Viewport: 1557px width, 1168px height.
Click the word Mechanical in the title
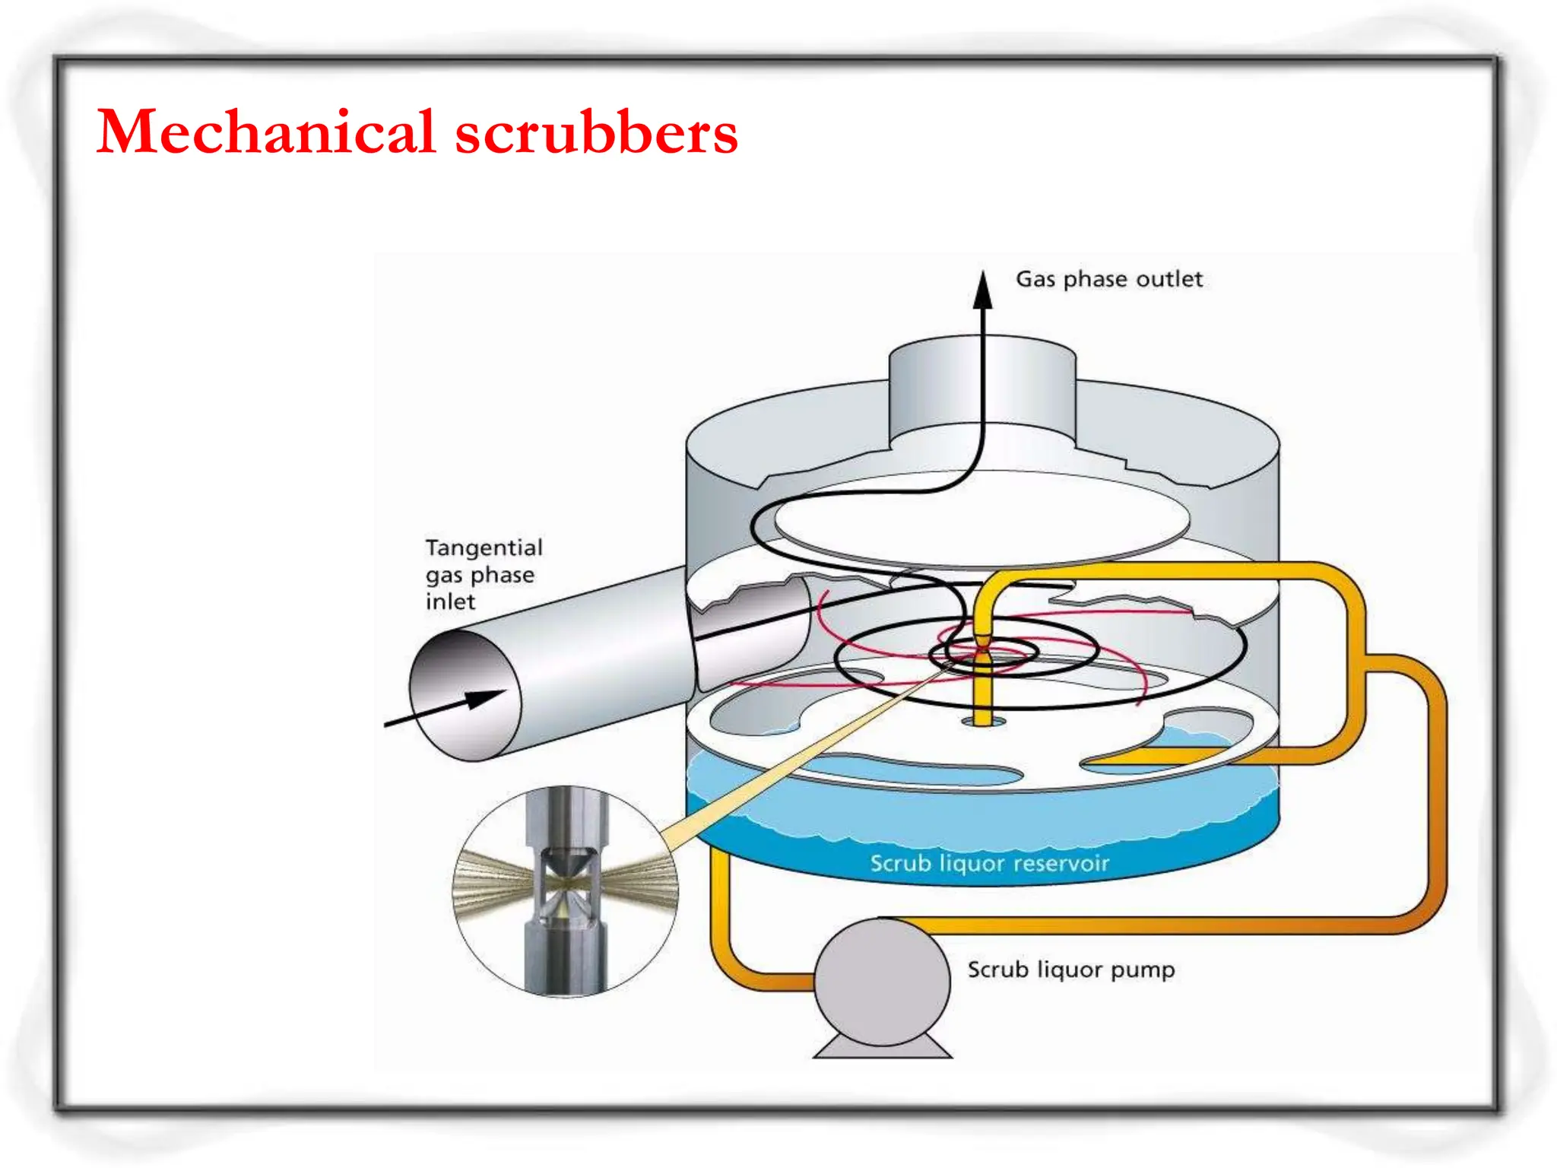(x=266, y=132)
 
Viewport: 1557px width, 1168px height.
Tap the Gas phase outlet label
(x=1108, y=279)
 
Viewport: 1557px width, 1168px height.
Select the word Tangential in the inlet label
(x=484, y=547)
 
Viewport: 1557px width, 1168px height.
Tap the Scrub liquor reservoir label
(x=989, y=863)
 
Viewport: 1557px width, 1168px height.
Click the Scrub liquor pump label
(x=1070, y=970)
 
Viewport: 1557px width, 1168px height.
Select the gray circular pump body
(x=882, y=982)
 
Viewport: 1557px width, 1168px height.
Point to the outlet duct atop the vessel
(x=982, y=392)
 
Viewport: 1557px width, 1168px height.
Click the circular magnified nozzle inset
(x=566, y=890)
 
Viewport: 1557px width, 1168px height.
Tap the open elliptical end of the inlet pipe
(x=465, y=696)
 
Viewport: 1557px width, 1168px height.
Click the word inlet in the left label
(x=450, y=601)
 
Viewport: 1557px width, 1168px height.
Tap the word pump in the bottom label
(x=1143, y=971)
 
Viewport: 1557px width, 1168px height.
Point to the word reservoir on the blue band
(x=1061, y=863)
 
